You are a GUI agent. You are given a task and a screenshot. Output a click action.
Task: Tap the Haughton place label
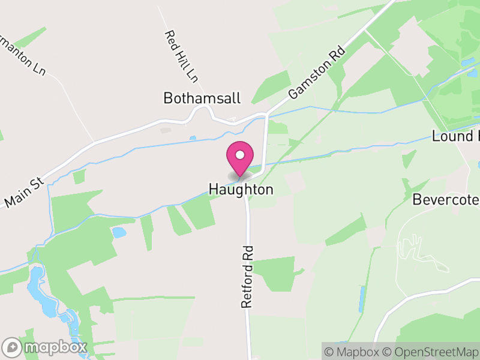point(241,190)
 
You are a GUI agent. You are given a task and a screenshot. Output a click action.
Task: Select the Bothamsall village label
point(202,98)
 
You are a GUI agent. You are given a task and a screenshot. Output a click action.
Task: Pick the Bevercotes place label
point(446,200)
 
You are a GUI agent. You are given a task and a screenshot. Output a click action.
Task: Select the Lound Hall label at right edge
point(455,136)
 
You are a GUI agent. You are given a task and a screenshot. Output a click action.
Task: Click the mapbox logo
point(45,347)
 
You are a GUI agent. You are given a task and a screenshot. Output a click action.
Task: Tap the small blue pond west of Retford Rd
point(119,232)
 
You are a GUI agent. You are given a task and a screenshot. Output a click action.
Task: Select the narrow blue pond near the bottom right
point(362,299)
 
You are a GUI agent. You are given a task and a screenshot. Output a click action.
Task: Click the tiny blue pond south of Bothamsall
point(193,138)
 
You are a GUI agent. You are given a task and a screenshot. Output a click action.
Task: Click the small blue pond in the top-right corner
point(467,62)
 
